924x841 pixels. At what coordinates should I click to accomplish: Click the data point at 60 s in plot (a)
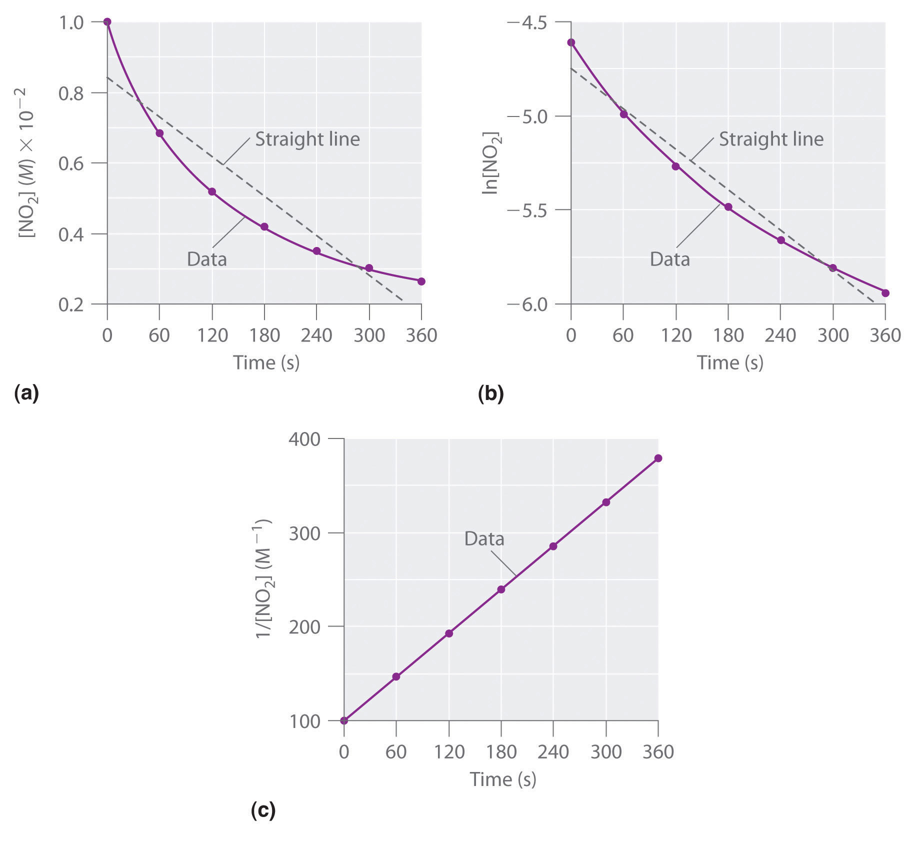click(159, 133)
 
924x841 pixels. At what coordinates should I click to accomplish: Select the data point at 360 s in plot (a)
click(421, 281)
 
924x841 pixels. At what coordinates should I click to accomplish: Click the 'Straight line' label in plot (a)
click(307, 139)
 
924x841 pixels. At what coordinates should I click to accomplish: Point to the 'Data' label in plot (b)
click(669, 259)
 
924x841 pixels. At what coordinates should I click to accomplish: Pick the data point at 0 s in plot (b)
click(571, 42)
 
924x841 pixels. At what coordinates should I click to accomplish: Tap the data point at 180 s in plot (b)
click(728, 207)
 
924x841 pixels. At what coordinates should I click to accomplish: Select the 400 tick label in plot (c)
click(304, 439)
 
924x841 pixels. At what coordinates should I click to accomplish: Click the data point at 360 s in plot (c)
click(658, 458)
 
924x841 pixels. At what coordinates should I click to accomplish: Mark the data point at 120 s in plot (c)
click(449, 633)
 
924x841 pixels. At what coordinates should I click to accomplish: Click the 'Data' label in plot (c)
click(484, 539)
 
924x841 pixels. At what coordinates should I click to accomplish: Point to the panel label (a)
click(26, 393)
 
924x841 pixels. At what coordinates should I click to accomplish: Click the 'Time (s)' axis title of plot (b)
click(730, 362)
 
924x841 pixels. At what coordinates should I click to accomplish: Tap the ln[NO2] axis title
click(490, 163)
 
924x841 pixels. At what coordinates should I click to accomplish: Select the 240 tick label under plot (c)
click(553, 752)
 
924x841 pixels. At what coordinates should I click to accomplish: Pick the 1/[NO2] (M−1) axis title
click(263, 578)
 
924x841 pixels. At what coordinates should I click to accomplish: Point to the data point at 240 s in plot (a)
click(316, 251)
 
